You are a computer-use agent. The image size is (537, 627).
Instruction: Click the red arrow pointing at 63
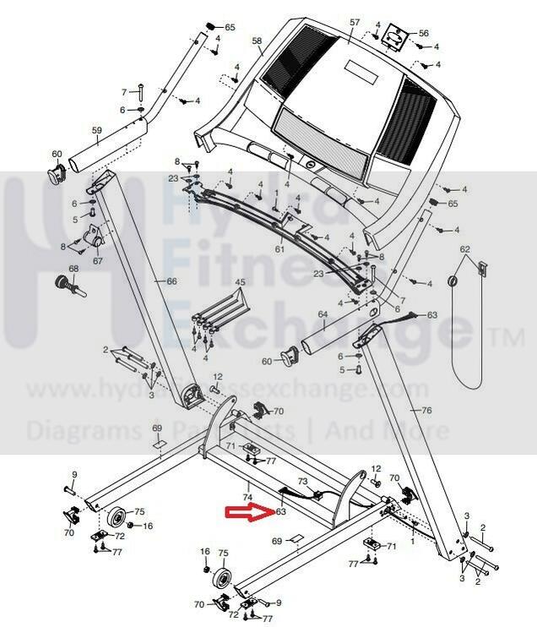click(248, 511)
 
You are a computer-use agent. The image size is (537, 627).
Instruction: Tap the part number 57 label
click(355, 22)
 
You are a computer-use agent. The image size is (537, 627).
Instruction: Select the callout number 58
click(258, 41)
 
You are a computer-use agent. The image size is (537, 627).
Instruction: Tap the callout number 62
click(464, 249)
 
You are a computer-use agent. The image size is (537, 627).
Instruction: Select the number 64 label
click(322, 314)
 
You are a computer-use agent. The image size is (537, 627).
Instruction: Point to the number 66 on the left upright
click(171, 281)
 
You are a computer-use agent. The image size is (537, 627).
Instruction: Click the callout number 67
click(97, 261)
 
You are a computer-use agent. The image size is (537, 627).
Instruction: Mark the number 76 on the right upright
click(426, 410)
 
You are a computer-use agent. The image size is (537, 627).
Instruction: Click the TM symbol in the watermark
click(506, 338)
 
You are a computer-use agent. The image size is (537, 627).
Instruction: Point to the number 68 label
click(73, 270)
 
